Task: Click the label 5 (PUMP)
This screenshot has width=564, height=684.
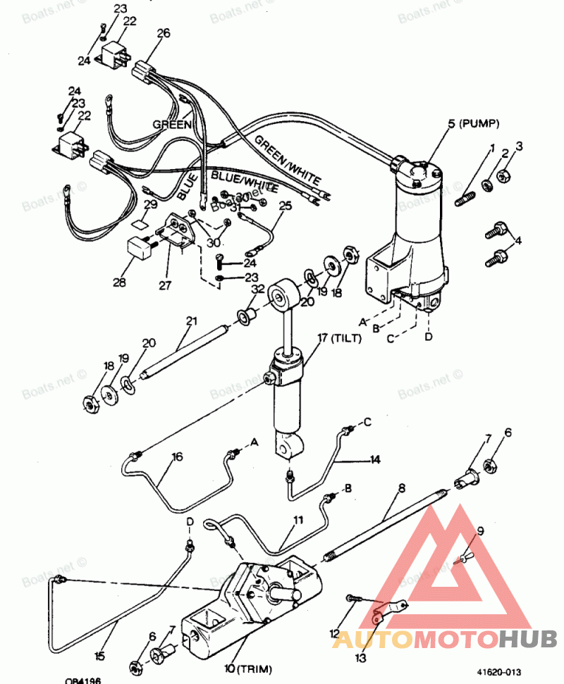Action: tap(473, 124)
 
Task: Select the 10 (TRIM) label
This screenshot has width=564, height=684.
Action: tap(248, 667)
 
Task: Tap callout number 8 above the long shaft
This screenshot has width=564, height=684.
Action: tap(401, 487)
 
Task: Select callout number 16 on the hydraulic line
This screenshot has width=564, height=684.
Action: tap(177, 457)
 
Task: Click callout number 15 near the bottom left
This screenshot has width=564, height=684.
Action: tap(99, 656)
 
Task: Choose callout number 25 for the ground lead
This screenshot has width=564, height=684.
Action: tap(285, 206)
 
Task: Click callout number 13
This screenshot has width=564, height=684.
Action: tap(362, 658)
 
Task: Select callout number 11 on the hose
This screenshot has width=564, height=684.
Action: tap(298, 520)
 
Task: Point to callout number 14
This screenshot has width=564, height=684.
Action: tap(375, 459)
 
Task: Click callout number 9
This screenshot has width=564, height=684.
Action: tap(481, 533)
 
